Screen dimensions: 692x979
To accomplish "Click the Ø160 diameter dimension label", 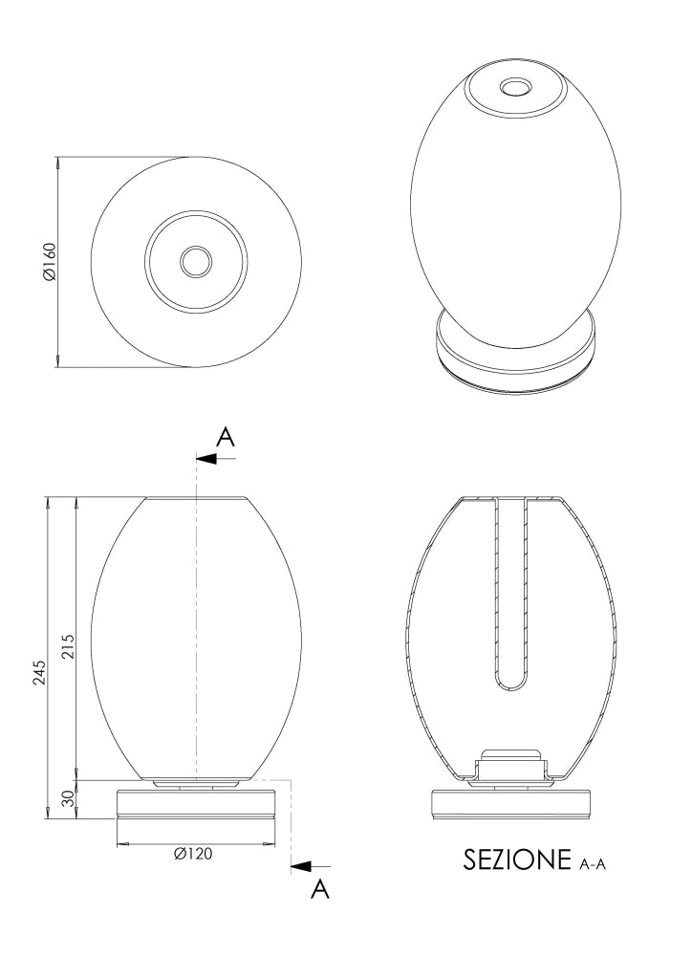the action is click(x=50, y=261).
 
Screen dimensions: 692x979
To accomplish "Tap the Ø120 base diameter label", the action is click(x=193, y=854).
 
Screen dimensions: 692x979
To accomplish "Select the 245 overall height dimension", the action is click(x=39, y=672).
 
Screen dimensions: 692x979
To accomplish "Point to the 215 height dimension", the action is click(x=68, y=646).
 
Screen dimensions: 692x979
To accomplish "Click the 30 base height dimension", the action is click(x=68, y=798).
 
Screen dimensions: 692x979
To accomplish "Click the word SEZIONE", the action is click(x=517, y=859).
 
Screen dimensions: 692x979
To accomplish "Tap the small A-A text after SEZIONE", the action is click(x=593, y=863).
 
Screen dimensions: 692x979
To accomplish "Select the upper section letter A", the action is click(x=226, y=437).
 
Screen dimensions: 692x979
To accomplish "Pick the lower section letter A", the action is click(x=319, y=888).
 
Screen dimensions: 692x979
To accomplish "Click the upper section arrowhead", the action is click(x=206, y=459).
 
